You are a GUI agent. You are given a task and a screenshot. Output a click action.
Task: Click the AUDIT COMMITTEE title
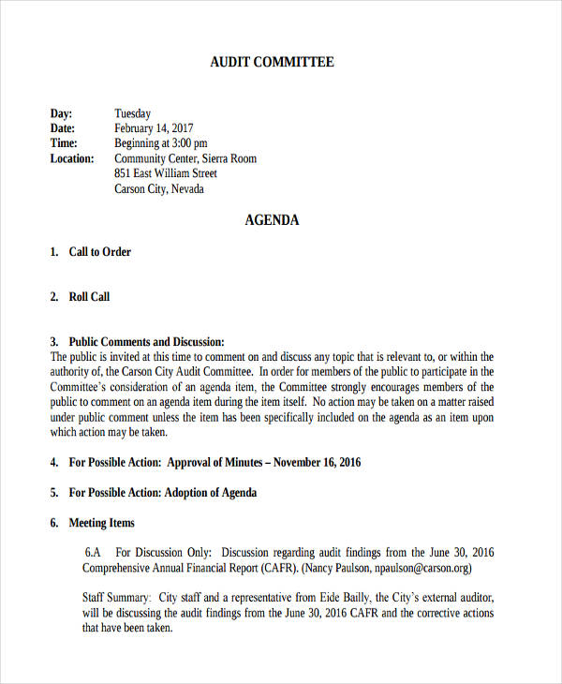pyautogui.click(x=272, y=63)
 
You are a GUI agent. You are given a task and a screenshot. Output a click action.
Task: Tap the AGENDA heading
pyautogui.click(x=272, y=221)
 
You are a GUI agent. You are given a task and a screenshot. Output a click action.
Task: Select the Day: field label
pyautogui.click(x=62, y=113)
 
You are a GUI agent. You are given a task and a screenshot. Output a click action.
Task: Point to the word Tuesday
pyautogui.click(x=132, y=113)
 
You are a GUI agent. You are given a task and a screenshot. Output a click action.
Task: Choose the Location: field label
pyautogui.click(x=72, y=158)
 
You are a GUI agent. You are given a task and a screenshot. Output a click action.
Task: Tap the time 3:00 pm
pyautogui.click(x=188, y=143)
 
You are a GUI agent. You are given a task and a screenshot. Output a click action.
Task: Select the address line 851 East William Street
pyautogui.click(x=166, y=173)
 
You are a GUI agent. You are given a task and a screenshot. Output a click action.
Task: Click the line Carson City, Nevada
pyautogui.click(x=159, y=188)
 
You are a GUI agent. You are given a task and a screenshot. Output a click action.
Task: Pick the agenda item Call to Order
pyautogui.click(x=100, y=252)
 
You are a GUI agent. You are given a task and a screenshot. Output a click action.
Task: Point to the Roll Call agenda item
pyautogui.click(x=89, y=297)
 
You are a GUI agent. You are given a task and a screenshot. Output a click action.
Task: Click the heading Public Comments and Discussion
pyautogui.click(x=147, y=342)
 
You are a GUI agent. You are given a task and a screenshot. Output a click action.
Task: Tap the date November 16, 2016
pyautogui.click(x=318, y=462)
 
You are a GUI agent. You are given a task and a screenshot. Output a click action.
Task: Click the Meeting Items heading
pyautogui.click(x=102, y=523)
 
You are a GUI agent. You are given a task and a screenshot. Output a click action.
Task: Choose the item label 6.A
pyautogui.click(x=93, y=553)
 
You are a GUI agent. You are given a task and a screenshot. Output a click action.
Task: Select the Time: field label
pyautogui.click(x=64, y=143)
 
